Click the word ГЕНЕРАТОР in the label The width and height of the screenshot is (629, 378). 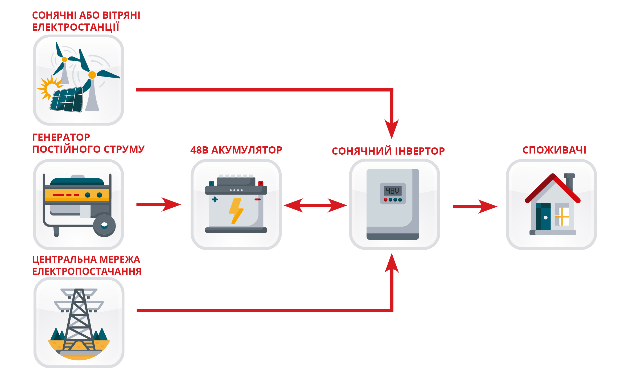(61, 137)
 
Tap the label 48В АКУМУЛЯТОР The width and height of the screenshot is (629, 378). (236, 150)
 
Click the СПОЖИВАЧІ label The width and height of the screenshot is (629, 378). (554, 150)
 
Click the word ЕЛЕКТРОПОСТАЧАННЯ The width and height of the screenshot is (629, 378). (87, 271)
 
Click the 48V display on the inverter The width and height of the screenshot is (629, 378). (393, 191)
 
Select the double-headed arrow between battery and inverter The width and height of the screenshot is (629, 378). (315, 205)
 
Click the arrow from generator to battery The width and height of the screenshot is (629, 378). (159, 204)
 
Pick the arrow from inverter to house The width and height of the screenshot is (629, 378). (475, 206)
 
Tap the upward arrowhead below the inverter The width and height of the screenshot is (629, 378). (392, 263)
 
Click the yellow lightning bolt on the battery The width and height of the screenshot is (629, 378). (236, 211)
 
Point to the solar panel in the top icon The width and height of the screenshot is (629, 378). (67, 99)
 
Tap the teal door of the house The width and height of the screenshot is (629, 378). (543, 216)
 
